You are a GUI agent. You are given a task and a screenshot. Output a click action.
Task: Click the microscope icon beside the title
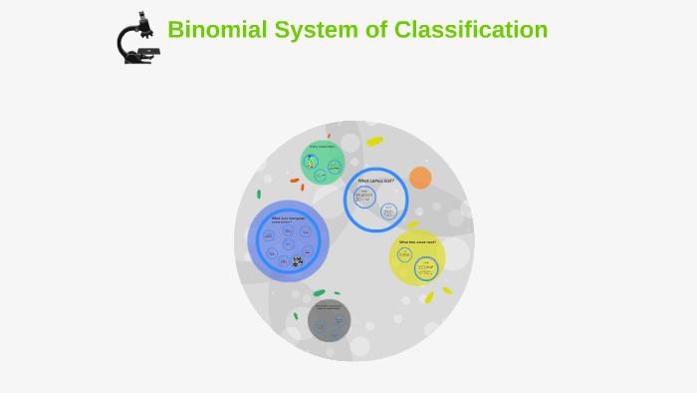point(138,39)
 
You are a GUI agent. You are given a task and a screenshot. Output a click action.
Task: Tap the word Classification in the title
point(471,30)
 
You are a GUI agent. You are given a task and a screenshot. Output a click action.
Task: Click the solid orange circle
point(420,178)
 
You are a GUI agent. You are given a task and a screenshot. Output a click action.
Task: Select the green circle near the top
point(323,163)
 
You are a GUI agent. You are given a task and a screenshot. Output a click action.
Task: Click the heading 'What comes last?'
point(375,181)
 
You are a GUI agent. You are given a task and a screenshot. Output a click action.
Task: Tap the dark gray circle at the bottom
point(329,320)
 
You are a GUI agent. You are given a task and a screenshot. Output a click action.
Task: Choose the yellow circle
point(416,256)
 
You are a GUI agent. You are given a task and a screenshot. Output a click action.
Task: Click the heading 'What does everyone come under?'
point(288,219)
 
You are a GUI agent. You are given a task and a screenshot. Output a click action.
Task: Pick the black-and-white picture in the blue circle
point(297,261)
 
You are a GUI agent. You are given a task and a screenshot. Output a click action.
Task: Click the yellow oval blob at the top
point(374,141)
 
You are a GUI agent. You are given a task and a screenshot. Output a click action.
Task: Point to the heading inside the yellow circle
point(417,241)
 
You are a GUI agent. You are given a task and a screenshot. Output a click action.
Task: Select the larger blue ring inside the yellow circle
point(426,268)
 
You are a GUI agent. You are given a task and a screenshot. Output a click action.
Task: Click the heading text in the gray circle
point(329,306)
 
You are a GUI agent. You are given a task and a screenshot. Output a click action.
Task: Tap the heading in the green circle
point(322,147)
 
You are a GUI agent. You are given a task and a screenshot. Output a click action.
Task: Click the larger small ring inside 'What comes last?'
point(364,196)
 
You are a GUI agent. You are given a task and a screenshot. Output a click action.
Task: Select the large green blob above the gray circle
point(319,292)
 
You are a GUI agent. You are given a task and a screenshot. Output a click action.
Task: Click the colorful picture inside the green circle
point(311,161)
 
